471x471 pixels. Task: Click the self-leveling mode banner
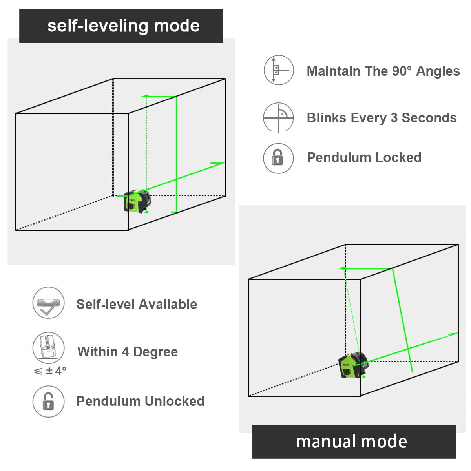121,26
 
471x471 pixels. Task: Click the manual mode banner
353,442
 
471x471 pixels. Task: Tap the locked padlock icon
278,158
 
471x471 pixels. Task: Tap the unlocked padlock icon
48,402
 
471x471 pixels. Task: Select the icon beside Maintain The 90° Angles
278,70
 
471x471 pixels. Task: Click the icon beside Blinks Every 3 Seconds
278,117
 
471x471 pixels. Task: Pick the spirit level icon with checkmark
48,303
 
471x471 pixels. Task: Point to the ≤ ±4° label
50,371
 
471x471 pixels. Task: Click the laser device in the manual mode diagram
353,365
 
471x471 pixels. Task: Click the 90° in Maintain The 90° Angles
402,71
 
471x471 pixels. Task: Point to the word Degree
155,352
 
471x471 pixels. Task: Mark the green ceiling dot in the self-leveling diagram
146,96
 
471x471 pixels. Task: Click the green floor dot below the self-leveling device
146,212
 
